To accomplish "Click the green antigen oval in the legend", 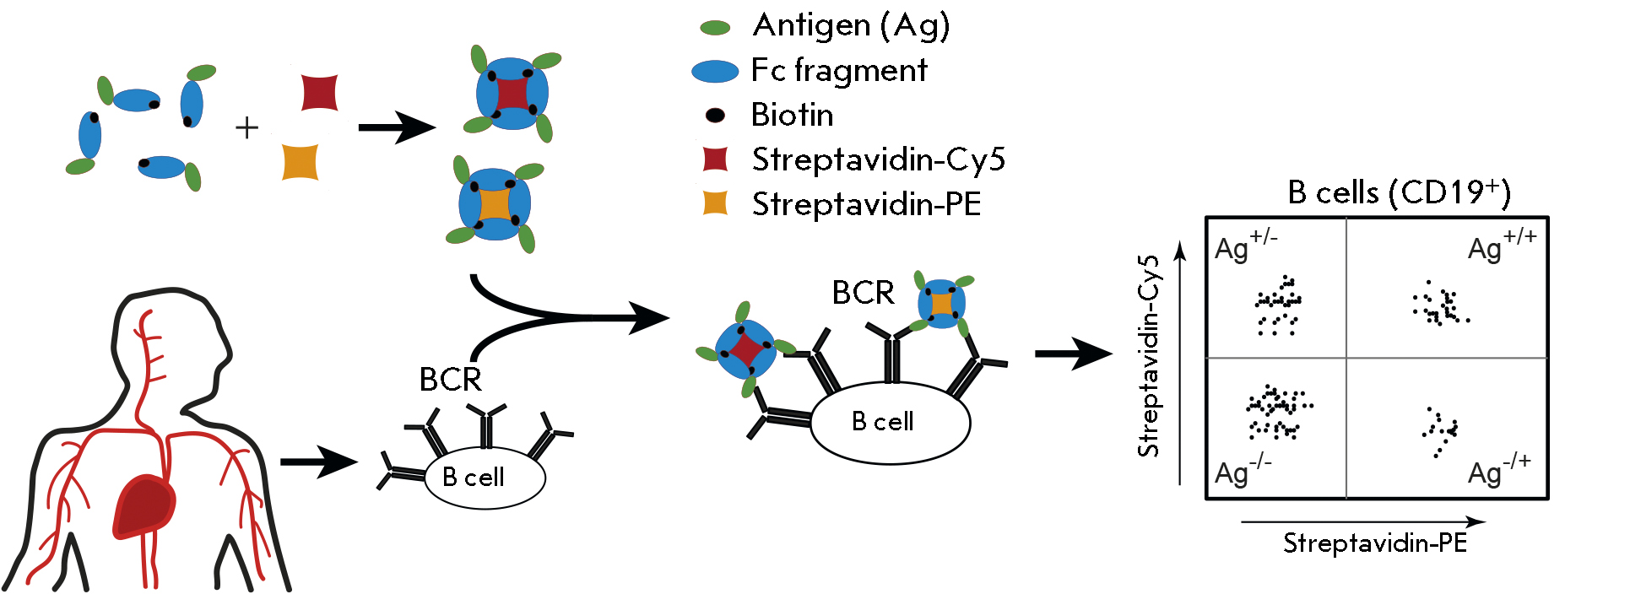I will (715, 28).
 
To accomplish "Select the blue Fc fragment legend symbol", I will (715, 71).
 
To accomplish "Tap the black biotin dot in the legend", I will (715, 116).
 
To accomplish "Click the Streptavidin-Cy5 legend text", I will (878, 159).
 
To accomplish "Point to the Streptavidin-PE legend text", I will (866, 204).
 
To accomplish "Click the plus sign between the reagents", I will (246, 128).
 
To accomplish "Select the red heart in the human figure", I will (144, 506).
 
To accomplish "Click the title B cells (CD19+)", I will (1399, 192).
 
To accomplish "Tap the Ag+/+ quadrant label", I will (1501, 246).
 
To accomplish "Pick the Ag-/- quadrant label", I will (1242, 471).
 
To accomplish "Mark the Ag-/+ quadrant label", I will (1498, 470).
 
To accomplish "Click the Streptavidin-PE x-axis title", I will (1375, 543).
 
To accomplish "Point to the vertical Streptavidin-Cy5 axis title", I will (1149, 356).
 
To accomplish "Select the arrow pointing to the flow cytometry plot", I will (1072, 354).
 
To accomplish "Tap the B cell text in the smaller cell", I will (473, 478).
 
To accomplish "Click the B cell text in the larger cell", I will (882, 421).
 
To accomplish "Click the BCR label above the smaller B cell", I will (450, 380).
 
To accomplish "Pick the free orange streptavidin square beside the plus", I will (300, 162).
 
